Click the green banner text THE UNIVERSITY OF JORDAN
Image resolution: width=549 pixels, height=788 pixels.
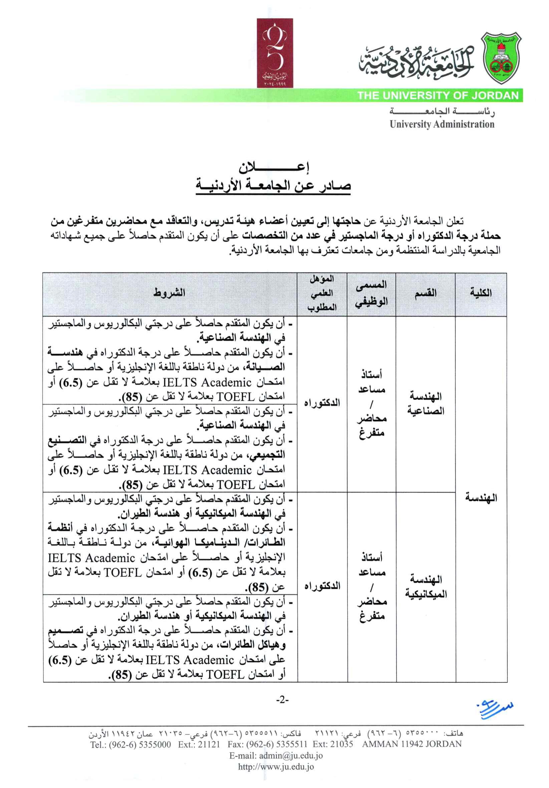coord(438,95)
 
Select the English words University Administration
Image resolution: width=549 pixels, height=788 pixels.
coord(442,124)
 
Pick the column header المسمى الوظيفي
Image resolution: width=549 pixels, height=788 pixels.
coord(371,294)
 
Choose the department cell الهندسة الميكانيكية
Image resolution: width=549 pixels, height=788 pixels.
coord(426,587)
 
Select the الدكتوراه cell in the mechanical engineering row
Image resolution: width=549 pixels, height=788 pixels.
coord(322,586)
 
